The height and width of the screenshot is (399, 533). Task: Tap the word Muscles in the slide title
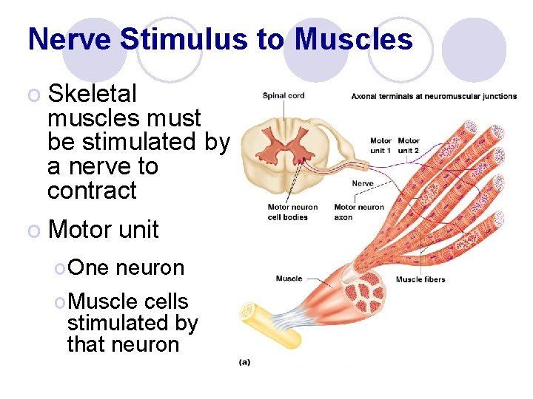pos(353,39)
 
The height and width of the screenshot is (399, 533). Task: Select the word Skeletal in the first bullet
pos(93,94)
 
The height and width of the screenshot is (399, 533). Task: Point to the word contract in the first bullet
pos(92,190)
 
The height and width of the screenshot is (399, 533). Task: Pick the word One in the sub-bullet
pos(87,267)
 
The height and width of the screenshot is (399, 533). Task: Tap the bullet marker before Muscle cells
pos(59,302)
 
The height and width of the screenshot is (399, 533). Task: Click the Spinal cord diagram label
pos(284,95)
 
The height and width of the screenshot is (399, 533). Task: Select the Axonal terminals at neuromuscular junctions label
pos(434,96)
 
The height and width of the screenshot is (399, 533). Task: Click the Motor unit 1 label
pos(381,145)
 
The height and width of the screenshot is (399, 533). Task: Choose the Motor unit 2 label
pos(408,145)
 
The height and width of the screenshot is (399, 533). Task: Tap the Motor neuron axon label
pos(359,212)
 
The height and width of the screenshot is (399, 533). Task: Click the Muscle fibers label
pos(420,279)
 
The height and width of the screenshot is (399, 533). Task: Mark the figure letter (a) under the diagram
pos(245,361)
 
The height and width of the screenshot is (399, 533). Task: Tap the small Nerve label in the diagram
pos(363,183)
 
